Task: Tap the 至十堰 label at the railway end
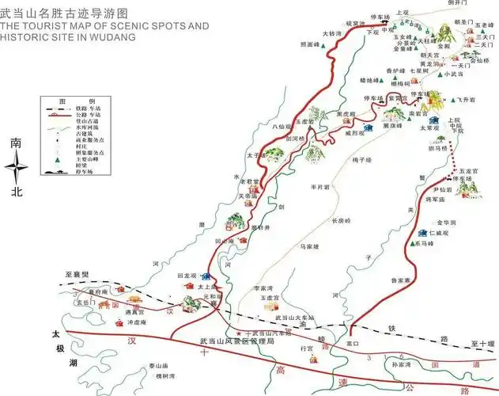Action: click(481, 343)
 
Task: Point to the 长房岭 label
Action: click(340, 220)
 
